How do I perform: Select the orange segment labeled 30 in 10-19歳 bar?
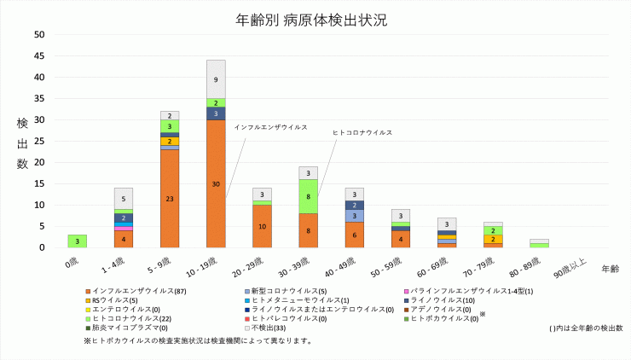point(216,183)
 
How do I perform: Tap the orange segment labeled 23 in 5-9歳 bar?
point(170,198)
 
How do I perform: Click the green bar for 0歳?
point(78,241)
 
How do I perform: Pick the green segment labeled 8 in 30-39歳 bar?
point(308,196)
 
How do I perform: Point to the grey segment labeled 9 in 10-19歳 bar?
point(216,79)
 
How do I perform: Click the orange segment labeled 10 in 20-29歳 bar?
point(262,226)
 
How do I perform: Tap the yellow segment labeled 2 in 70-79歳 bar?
point(492,240)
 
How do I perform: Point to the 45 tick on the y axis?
point(38,56)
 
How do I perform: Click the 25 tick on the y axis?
point(38,142)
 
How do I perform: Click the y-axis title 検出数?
point(22,143)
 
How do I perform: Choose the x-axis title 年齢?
point(610,269)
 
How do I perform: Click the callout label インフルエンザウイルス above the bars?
point(270,126)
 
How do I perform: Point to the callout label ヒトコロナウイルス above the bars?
point(362,133)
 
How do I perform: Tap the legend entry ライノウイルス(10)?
point(445,299)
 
